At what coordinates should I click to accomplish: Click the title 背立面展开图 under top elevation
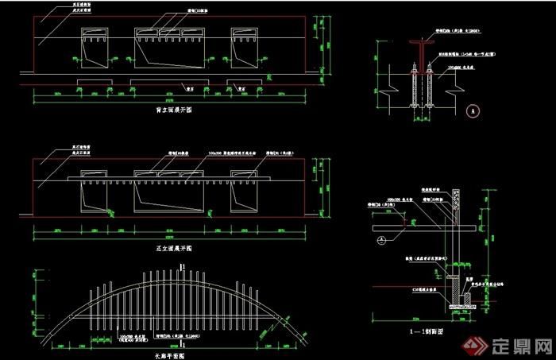pyautogui.click(x=173, y=110)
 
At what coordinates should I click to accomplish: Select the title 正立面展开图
pyautogui.click(x=173, y=249)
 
